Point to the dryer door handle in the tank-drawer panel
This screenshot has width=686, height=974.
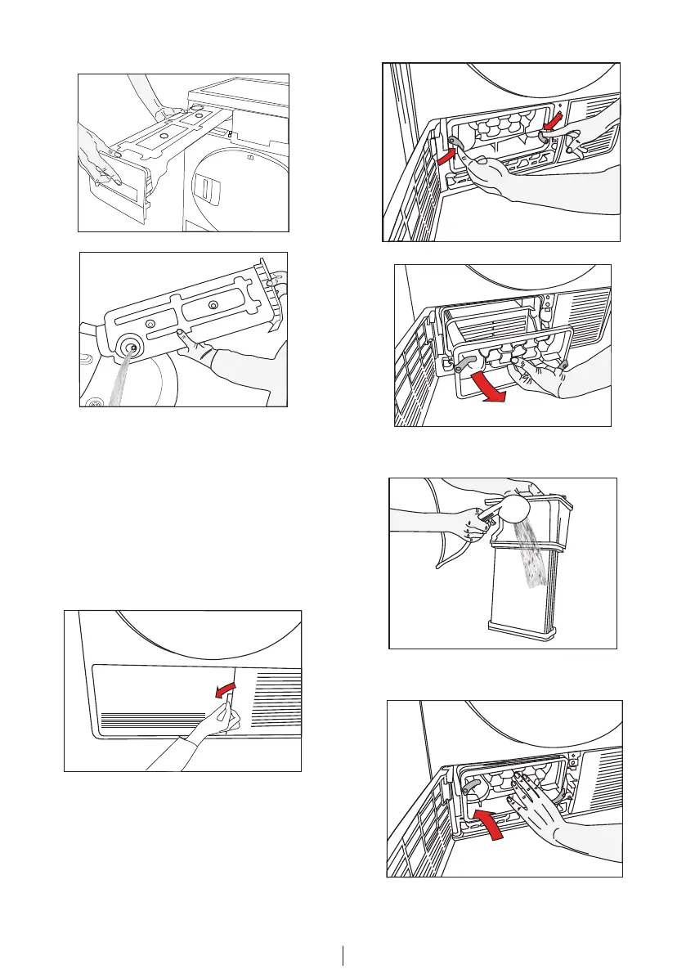pos(207,191)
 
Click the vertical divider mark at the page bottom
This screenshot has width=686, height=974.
pos(343,954)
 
